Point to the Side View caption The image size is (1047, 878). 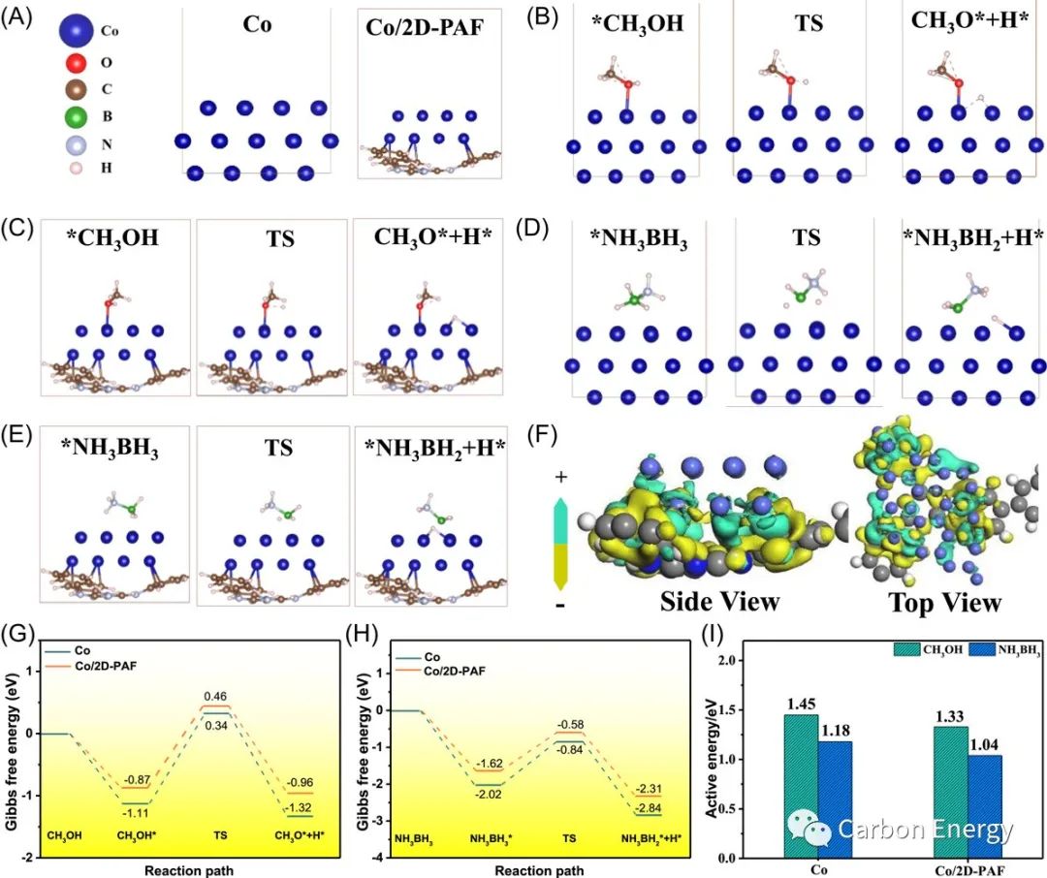[x=720, y=602]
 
